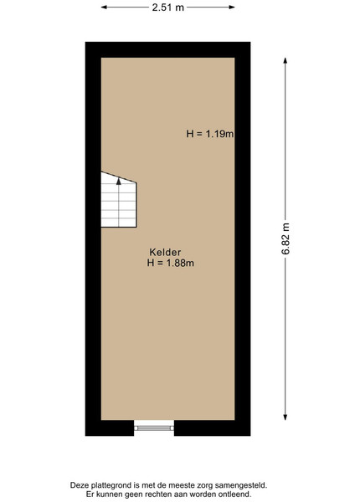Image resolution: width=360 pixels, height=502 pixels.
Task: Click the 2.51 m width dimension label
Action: pos(167,7)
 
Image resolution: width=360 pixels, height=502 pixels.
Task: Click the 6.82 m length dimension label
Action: pos(285,238)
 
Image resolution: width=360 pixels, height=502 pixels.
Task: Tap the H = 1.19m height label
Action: pos(210,134)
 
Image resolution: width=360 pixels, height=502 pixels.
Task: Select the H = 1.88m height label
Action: pos(171,263)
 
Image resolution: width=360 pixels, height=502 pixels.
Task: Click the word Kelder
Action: pos(165,253)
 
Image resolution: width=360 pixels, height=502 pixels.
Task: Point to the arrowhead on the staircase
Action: pos(119,182)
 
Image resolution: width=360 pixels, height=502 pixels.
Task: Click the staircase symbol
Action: pos(119,199)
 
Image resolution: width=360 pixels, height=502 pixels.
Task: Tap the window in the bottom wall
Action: pos(154,428)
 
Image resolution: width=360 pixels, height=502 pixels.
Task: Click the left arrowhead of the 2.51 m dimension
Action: pos(104,7)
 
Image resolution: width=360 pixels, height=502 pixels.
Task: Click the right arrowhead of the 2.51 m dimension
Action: pos(232,7)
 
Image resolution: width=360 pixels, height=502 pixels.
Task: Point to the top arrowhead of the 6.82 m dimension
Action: pos(285,60)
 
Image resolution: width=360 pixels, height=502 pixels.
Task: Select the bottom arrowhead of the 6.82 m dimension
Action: pos(285,417)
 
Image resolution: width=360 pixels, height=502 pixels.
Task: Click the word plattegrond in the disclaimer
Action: pos(105,485)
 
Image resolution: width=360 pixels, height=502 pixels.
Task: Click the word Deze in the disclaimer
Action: pos(78,485)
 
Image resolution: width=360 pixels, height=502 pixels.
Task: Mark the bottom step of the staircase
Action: pos(119,223)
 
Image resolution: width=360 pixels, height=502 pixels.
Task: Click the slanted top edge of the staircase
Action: pos(119,177)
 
